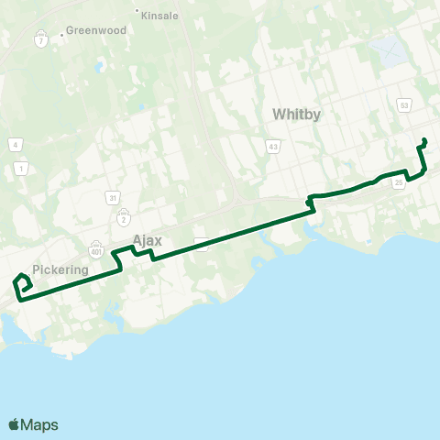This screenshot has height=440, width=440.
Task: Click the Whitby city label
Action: tap(295, 114)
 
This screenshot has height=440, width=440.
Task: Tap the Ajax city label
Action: tap(147, 240)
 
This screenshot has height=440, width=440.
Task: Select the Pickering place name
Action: tap(60, 270)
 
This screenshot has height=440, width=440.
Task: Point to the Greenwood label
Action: tap(94, 30)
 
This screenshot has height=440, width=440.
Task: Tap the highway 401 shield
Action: tap(96, 248)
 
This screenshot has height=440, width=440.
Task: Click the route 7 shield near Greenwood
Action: tap(41, 40)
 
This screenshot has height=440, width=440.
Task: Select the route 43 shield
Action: tap(273, 146)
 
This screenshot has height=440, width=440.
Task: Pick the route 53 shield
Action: tap(404, 105)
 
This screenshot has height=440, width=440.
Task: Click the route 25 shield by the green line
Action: tap(398, 183)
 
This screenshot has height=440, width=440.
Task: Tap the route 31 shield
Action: tap(112, 197)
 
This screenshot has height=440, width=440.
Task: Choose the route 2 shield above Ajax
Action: tap(123, 219)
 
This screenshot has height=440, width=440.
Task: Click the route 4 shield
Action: tap(16, 145)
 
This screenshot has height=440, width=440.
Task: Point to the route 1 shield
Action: tap(20, 167)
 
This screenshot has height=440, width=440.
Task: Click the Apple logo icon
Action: tap(14, 424)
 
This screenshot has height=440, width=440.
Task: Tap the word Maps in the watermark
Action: tap(39, 424)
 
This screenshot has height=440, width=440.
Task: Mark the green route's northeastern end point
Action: tap(424, 139)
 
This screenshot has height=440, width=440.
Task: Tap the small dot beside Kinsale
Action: tap(137, 13)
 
